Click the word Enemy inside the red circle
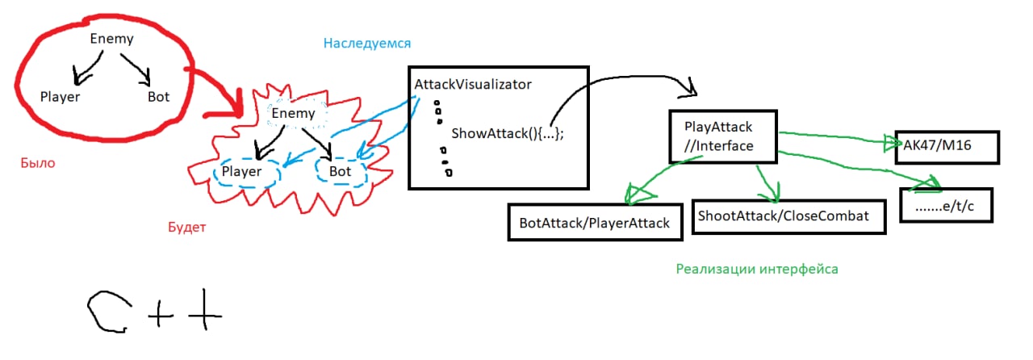[111, 38]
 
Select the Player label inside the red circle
[60, 97]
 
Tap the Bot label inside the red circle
[158, 97]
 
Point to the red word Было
[38, 163]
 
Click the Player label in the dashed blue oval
[242, 172]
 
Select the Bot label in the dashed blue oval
[340, 171]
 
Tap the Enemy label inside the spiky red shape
[293, 113]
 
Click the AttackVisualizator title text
[472, 84]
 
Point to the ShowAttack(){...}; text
[507, 133]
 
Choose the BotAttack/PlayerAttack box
[595, 222]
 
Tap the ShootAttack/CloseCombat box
[788, 216]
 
